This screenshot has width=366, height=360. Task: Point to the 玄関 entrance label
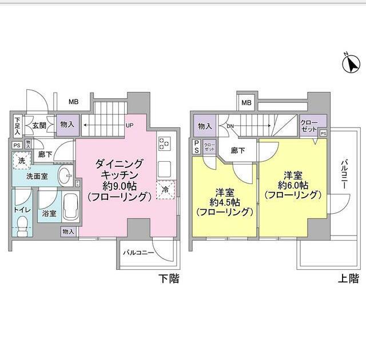pos(39,125)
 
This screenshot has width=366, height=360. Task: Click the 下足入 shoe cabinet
pos(18,125)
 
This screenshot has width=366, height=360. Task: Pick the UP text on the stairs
pos(129,125)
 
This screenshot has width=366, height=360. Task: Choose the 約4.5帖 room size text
pos(224,202)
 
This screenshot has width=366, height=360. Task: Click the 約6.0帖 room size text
pos(292,185)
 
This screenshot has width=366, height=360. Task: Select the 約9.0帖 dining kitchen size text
pos(120,186)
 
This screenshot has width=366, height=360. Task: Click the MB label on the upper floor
pos(246,103)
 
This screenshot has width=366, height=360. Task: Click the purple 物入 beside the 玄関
pos(67,125)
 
